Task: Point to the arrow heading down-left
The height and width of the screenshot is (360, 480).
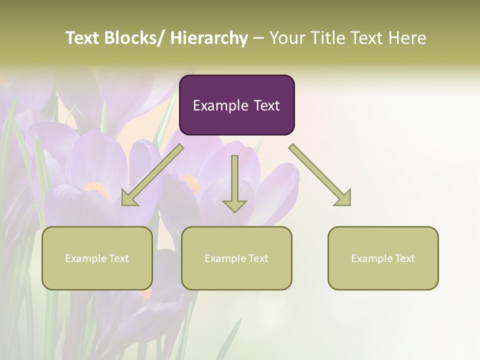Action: click(152, 175)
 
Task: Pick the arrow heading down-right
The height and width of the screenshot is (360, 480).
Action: click(320, 175)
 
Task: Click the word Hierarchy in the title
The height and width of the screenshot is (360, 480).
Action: click(209, 38)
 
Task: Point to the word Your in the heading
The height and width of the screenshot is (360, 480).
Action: click(286, 38)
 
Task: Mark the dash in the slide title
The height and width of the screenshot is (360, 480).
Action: click(258, 38)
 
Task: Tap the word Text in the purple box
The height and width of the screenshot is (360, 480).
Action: click(266, 105)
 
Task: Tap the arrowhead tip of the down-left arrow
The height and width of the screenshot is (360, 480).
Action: click(123, 204)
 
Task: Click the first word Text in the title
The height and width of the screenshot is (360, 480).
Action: click(83, 38)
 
